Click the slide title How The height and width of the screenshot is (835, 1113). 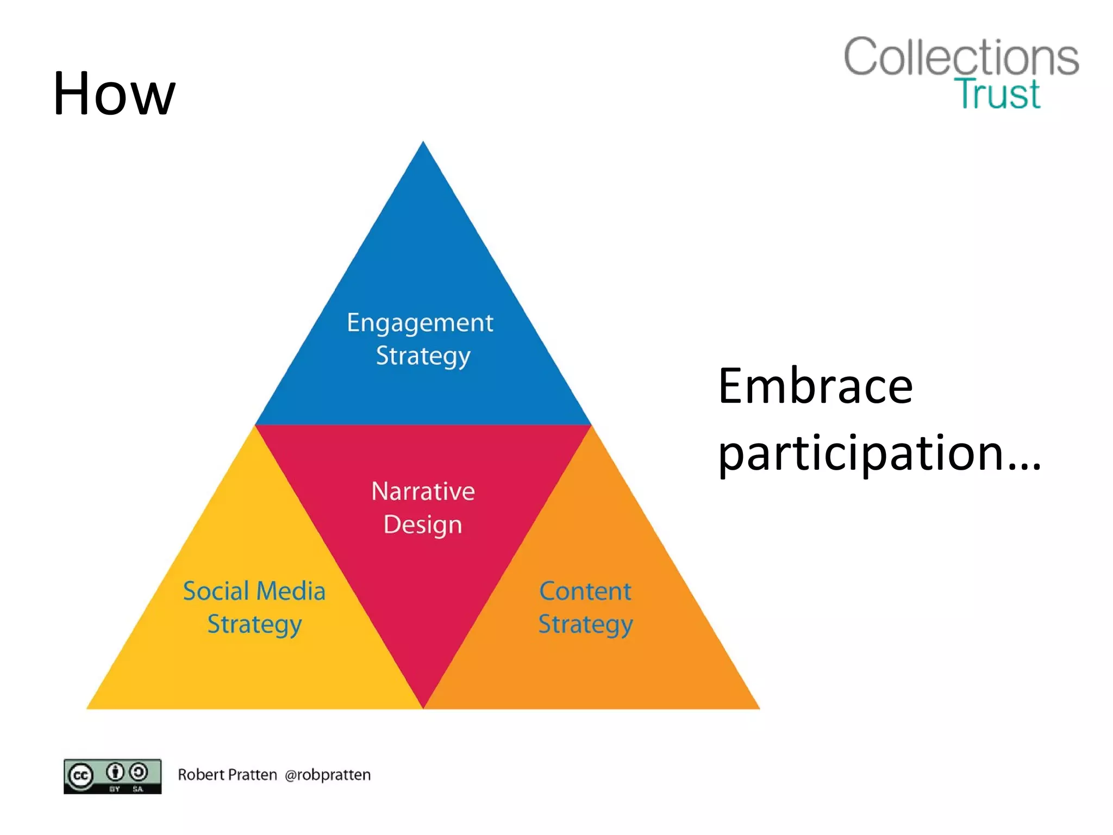coord(114,94)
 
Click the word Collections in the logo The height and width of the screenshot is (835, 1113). coord(961,57)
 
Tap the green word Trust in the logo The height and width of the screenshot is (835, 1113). coord(997,94)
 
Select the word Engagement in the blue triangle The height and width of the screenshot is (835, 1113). coord(420,323)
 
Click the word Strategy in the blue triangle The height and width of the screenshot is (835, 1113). coord(423,357)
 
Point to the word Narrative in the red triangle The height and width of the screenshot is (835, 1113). coord(423,491)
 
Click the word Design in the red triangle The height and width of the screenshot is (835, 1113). coord(423,525)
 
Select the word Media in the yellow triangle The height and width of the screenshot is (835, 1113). coord(297,591)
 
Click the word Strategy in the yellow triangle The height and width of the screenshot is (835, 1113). coord(254,625)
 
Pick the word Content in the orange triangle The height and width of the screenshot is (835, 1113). coord(585,591)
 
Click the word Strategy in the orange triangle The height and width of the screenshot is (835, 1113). coord(585,625)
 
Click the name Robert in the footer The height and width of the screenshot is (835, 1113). coord(201,775)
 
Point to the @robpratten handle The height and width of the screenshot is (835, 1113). coord(328,775)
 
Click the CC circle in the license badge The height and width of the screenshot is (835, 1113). coord(80,776)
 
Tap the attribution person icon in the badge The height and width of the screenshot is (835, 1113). coord(115,771)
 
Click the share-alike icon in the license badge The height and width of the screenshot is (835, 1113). coord(139,771)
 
